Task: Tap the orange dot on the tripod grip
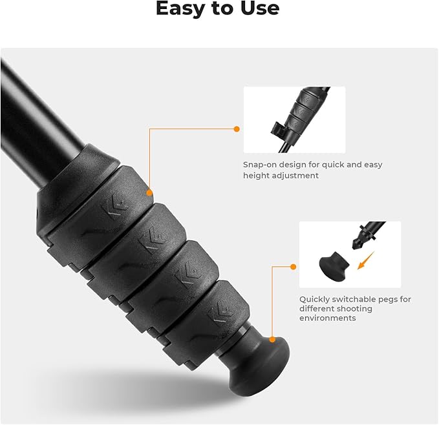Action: [149, 192]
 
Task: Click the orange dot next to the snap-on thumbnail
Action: [237, 129]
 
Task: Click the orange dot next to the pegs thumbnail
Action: [293, 266]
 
